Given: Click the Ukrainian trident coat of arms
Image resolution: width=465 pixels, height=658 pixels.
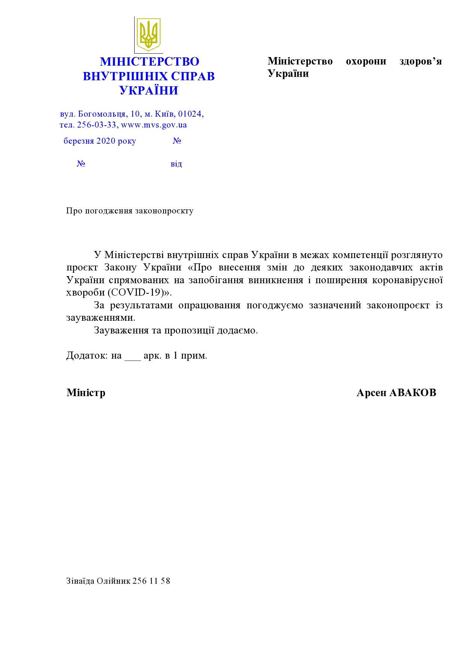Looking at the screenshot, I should (148, 34).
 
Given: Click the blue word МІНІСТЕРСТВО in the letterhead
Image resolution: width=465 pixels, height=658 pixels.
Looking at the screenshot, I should (149, 62).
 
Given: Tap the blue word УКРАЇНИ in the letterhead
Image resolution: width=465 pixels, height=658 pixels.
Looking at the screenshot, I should (149, 90).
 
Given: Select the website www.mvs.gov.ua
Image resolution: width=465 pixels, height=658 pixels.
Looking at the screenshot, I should (154, 125).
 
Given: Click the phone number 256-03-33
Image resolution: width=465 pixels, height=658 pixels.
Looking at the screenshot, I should (97, 125).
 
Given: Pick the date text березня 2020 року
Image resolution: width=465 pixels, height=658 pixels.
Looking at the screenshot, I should (100, 141).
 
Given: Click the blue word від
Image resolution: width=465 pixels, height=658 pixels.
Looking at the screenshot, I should (176, 164).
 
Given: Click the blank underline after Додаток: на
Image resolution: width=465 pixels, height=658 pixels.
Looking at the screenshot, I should (132, 357).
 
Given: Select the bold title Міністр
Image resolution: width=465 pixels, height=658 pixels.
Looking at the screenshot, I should (86, 393).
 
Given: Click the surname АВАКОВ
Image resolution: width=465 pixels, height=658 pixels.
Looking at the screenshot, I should (412, 393).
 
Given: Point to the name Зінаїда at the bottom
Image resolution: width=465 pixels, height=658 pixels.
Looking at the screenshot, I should (80, 581).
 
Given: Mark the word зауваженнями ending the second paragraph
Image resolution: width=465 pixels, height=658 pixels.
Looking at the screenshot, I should (100, 318).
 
